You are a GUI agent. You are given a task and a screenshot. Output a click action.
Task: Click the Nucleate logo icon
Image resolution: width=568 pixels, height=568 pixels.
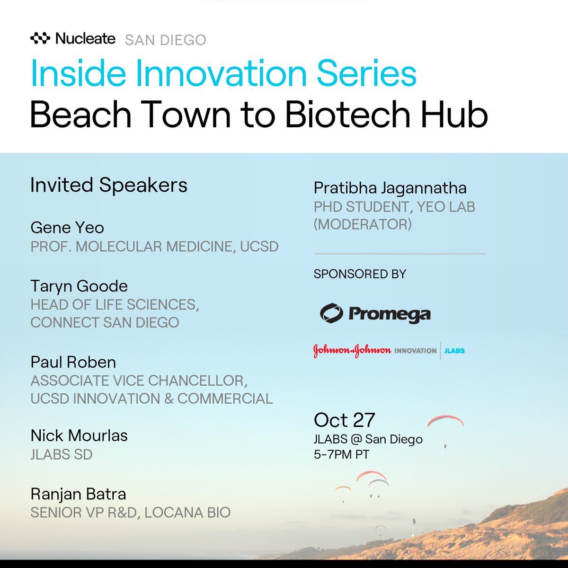(40, 39)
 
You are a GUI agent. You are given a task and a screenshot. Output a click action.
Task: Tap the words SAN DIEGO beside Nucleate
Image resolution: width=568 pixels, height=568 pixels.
(166, 40)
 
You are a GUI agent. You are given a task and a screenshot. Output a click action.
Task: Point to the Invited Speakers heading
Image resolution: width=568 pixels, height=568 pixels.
(109, 185)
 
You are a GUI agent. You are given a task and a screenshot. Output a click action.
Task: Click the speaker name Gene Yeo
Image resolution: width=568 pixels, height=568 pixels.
(67, 228)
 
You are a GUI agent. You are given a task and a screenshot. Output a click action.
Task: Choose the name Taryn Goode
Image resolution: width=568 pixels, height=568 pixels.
(79, 286)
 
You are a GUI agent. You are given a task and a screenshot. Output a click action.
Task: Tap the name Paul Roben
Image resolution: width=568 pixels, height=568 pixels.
(73, 362)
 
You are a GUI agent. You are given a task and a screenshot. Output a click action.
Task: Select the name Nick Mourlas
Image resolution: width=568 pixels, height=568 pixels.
(79, 435)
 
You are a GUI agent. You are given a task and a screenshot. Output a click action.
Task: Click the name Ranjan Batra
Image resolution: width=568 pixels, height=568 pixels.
(78, 494)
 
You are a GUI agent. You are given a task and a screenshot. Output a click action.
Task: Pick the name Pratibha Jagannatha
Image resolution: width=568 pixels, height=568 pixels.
(390, 188)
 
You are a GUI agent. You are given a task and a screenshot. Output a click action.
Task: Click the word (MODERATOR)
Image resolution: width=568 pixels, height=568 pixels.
(363, 224)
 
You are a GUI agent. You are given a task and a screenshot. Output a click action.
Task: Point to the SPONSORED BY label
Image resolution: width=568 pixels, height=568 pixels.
(360, 274)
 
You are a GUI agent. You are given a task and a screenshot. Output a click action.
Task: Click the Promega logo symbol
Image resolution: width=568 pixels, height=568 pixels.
(331, 313)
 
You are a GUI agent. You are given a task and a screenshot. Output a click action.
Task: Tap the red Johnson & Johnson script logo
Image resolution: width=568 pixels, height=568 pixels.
(352, 351)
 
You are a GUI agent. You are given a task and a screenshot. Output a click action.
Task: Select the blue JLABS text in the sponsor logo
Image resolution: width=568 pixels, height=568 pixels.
(454, 351)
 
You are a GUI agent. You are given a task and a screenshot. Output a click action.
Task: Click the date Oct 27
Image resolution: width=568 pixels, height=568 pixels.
(345, 420)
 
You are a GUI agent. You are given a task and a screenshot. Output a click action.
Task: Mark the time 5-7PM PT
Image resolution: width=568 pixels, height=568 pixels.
(341, 454)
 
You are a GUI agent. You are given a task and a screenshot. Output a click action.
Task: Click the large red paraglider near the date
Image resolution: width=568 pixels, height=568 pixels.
(445, 420)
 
